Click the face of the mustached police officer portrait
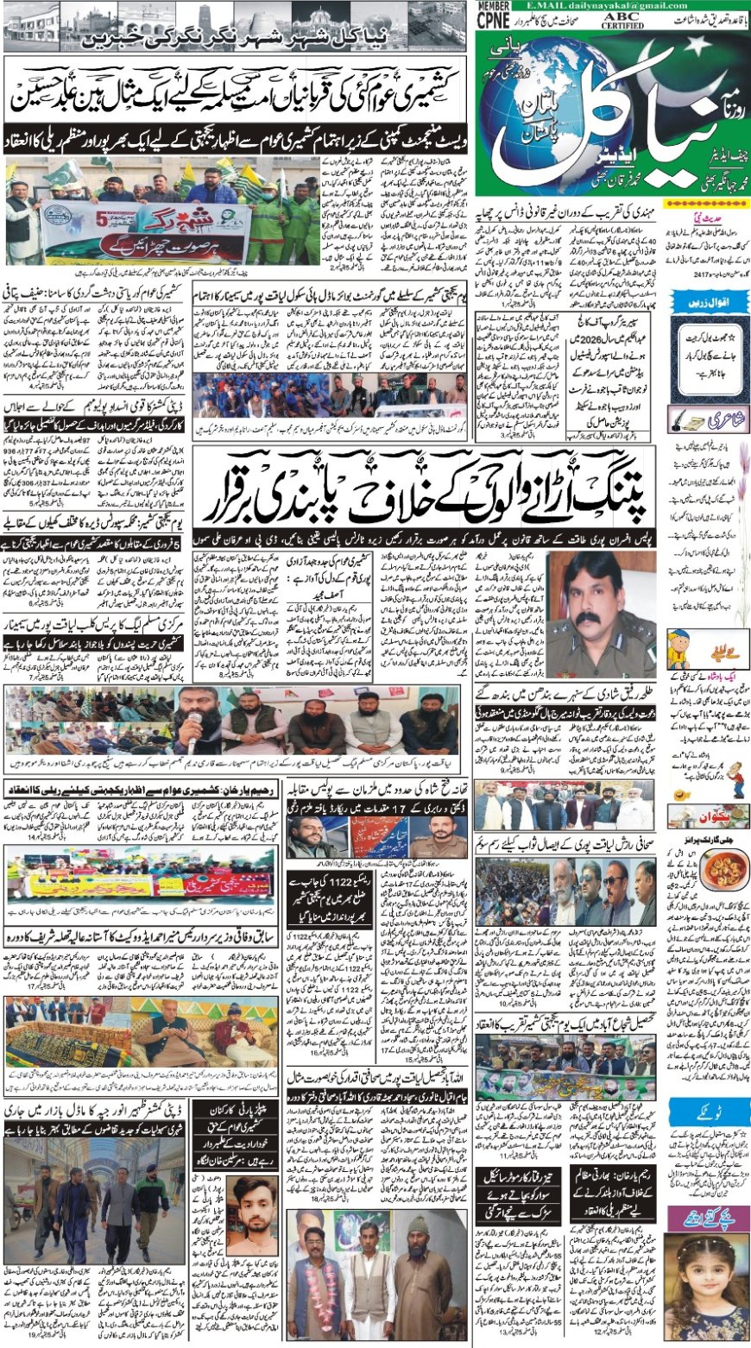tap(593, 595)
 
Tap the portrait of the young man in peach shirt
tap(256, 1222)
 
